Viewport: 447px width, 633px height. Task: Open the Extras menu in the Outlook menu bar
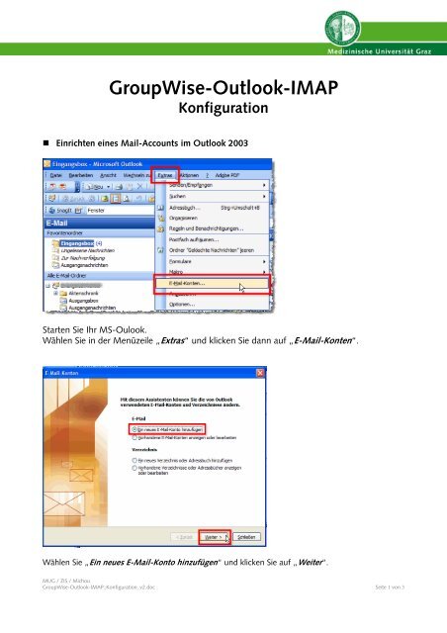pyautogui.click(x=169, y=174)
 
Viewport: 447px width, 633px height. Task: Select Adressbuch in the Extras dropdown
pyautogui.click(x=187, y=209)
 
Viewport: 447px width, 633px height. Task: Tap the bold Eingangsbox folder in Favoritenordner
pyautogui.click(x=78, y=242)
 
